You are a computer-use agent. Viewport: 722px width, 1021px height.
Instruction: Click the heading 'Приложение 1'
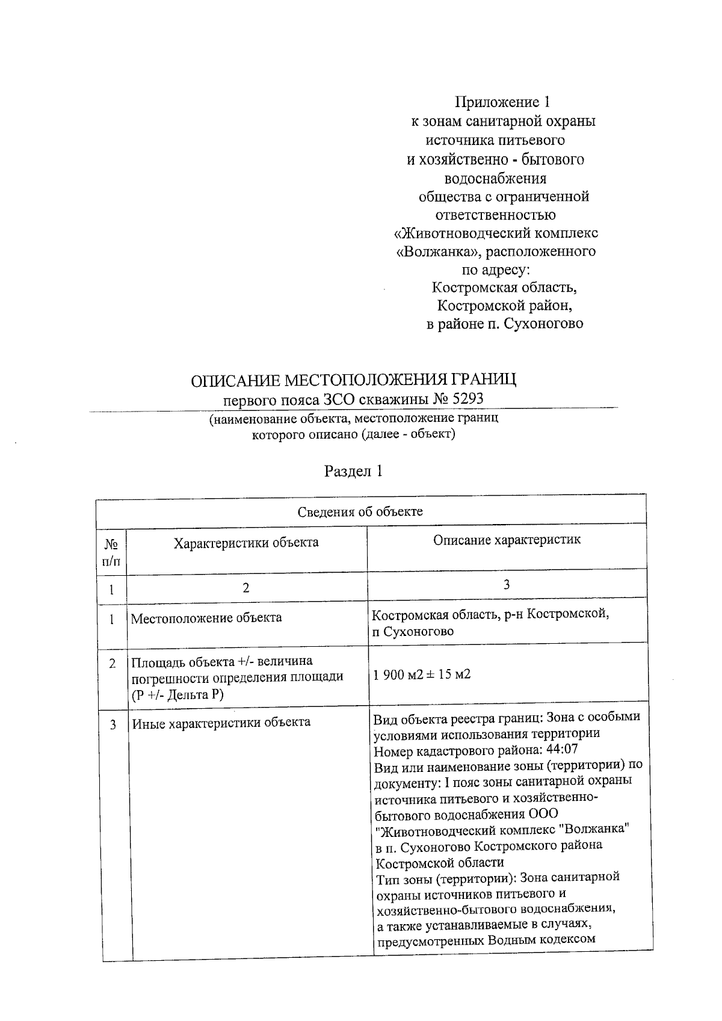(502, 102)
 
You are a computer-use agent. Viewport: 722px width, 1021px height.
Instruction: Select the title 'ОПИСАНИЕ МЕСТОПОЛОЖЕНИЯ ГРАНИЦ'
(353, 380)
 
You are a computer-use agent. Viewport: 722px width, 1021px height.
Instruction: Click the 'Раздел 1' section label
(353, 471)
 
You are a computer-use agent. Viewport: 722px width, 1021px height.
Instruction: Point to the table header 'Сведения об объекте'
(360, 512)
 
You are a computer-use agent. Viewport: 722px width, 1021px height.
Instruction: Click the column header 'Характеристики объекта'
(246, 543)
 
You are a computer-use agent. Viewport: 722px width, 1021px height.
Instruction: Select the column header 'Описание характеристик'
(507, 540)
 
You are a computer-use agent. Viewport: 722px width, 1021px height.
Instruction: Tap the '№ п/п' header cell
(111, 552)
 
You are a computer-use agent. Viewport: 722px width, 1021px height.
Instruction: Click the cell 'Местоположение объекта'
(206, 618)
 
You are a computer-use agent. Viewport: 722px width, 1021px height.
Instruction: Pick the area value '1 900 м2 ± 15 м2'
(422, 674)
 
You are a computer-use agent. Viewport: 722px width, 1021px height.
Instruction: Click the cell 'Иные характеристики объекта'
(221, 722)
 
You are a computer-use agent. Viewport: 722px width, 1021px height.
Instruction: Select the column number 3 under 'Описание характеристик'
(507, 584)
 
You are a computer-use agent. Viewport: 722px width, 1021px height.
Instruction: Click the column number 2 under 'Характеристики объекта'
(246, 588)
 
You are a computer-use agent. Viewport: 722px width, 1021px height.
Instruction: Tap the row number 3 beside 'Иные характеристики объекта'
(112, 724)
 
